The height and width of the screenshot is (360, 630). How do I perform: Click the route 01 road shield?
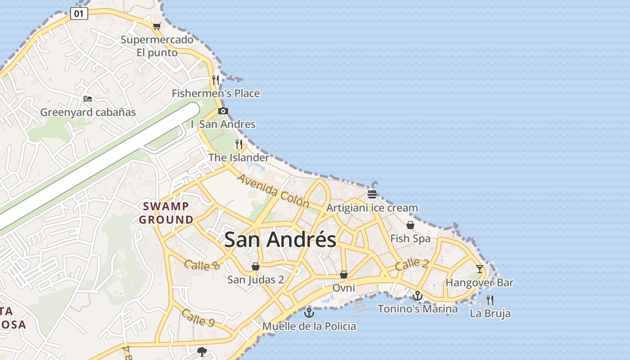coord(79,13)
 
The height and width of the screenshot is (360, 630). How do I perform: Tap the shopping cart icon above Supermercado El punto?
coord(157,26)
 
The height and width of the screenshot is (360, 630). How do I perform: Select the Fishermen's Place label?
coord(216,94)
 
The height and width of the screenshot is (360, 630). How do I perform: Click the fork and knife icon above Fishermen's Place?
coord(216,80)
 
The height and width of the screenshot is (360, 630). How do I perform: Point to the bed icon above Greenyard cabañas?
coord(88,99)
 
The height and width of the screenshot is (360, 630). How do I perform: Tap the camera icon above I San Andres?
coord(223,111)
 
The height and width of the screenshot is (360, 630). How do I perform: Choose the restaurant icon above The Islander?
coord(239,144)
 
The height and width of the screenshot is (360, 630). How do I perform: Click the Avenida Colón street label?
coord(274,191)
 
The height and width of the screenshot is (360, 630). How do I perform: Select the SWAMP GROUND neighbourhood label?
coord(166,213)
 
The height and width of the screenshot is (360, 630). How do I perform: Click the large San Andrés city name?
coord(280,240)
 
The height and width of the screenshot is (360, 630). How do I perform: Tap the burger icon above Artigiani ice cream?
coord(372,194)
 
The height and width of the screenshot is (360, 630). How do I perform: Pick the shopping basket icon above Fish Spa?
coord(410,225)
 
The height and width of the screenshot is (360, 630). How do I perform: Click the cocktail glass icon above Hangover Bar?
coord(480,269)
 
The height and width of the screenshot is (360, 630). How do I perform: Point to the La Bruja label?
coord(490,314)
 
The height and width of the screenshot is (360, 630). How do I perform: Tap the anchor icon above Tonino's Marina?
coord(418,296)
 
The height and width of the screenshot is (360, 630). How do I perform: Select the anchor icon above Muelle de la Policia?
coord(309,312)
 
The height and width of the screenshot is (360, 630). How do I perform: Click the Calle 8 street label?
coord(202,265)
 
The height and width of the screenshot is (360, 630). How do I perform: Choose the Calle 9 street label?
coord(198,318)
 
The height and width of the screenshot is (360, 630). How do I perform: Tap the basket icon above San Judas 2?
coord(256,266)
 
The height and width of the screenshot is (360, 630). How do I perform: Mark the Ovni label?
coord(344,288)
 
